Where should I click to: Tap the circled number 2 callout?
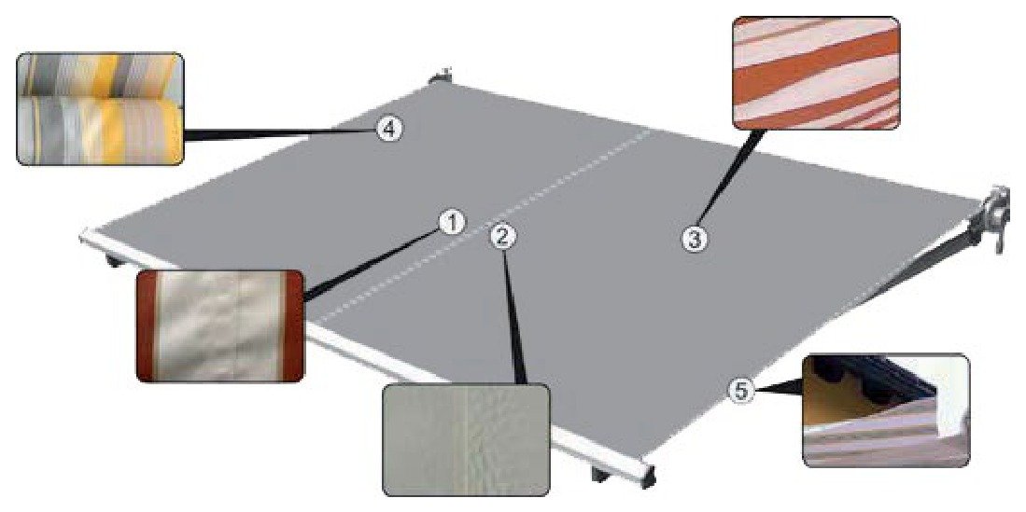click(x=502, y=238)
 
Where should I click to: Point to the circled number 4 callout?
click(x=388, y=130)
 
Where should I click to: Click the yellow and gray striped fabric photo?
click(x=100, y=108)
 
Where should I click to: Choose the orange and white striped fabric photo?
click(x=817, y=73)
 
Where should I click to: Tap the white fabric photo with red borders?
click(x=220, y=325)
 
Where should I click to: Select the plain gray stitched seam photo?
click(x=466, y=439)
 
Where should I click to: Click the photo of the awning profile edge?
click(x=886, y=410)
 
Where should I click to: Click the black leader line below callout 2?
click(x=513, y=316)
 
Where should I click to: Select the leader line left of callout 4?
click(x=281, y=134)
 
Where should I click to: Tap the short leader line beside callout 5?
click(x=777, y=391)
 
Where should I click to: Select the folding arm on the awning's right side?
click(x=929, y=261)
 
